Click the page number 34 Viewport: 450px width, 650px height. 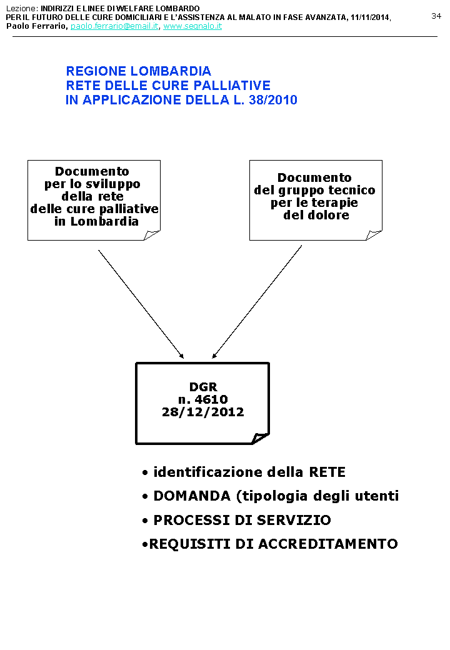pos(436,16)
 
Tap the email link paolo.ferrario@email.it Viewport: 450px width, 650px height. pos(114,26)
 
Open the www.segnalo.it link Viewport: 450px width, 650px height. pos(192,26)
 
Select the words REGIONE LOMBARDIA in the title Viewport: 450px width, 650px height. pos(139,71)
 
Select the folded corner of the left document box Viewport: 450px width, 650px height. pos(152,234)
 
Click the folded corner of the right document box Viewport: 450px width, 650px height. pos(374,234)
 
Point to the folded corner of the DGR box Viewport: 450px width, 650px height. pos(261,438)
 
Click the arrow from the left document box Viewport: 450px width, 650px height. pos(141,304)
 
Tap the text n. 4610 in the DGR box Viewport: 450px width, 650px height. pos(202,399)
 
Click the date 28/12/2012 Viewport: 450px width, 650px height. pos(202,412)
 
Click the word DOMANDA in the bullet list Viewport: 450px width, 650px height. pos(192,496)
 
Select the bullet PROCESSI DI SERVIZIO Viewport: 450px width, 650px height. pos(242,520)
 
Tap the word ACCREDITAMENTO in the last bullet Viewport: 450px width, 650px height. pos(328,544)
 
